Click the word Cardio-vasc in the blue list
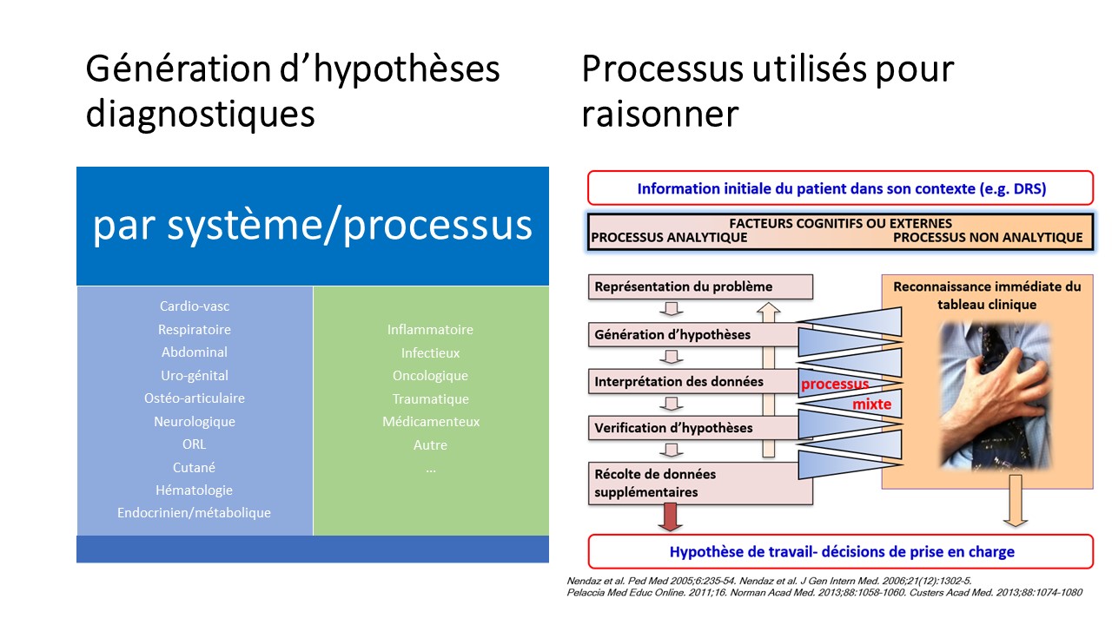pos(194,306)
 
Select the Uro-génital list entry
pos(194,375)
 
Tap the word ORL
pos(194,444)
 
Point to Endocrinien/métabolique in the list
pos(194,513)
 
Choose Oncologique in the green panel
pos(430,376)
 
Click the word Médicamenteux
pos(430,422)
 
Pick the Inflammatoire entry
pos(430,330)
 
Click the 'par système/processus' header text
pos(312,226)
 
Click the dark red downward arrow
pos(668,518)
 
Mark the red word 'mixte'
pos(871,405)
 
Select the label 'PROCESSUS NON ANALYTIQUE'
pos(988,238)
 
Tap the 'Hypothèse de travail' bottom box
pos(840,552)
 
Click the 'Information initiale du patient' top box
pos(840,188)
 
